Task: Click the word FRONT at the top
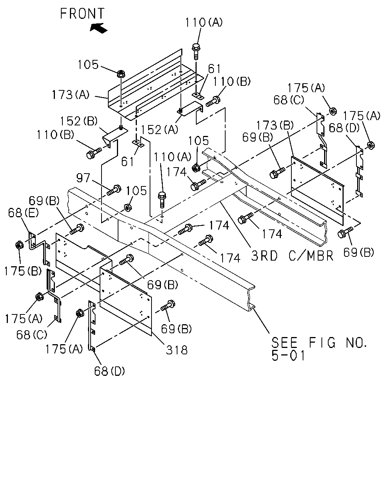point(82,14)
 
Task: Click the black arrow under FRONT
point(99,28)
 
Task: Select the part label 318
point(176,350)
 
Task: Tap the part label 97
point(83,178)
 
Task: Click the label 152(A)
point(159,130)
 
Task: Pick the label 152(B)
point(79,121)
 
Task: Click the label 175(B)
point(23,271)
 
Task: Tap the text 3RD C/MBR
point(292,256)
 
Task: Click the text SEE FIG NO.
point(319,342)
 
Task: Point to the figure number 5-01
point(288,355)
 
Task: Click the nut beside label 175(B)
point(19,245)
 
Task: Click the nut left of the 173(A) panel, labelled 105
point(121,74)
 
